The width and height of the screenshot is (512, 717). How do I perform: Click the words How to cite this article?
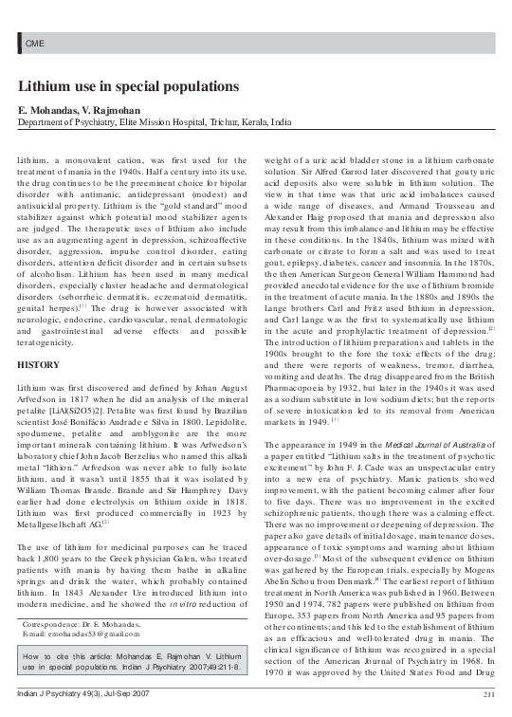coord(65,656)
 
